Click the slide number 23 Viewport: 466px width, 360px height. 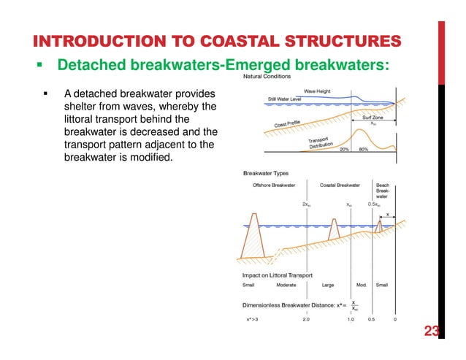pyautogui.click(x=432, y=332)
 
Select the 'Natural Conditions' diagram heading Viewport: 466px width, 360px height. pyautogui.click(x=267, y=77)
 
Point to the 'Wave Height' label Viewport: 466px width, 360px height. pyautogui.click(x=318, y=92)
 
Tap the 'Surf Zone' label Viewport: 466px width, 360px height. pyautogui.click(x=378, y=116)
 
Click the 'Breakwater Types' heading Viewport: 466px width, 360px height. pyautogui.click(x=266, y=173)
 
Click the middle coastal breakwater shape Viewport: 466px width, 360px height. pyautogui.click(x=332, y=231)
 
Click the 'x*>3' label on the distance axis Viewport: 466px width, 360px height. pyautogui.click(x=252, y=319)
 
